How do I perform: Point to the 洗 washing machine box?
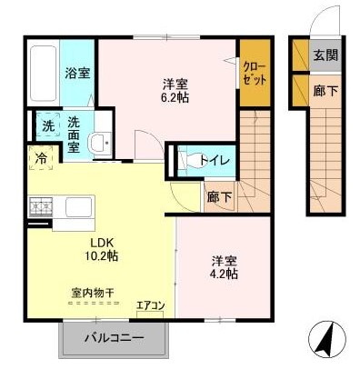[x=44, y=125]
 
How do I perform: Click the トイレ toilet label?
[x=221, y=161]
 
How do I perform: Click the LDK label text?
[x=100, y=242]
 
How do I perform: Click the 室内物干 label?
[x=92, y=293]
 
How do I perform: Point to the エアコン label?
[x=150, y=304]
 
